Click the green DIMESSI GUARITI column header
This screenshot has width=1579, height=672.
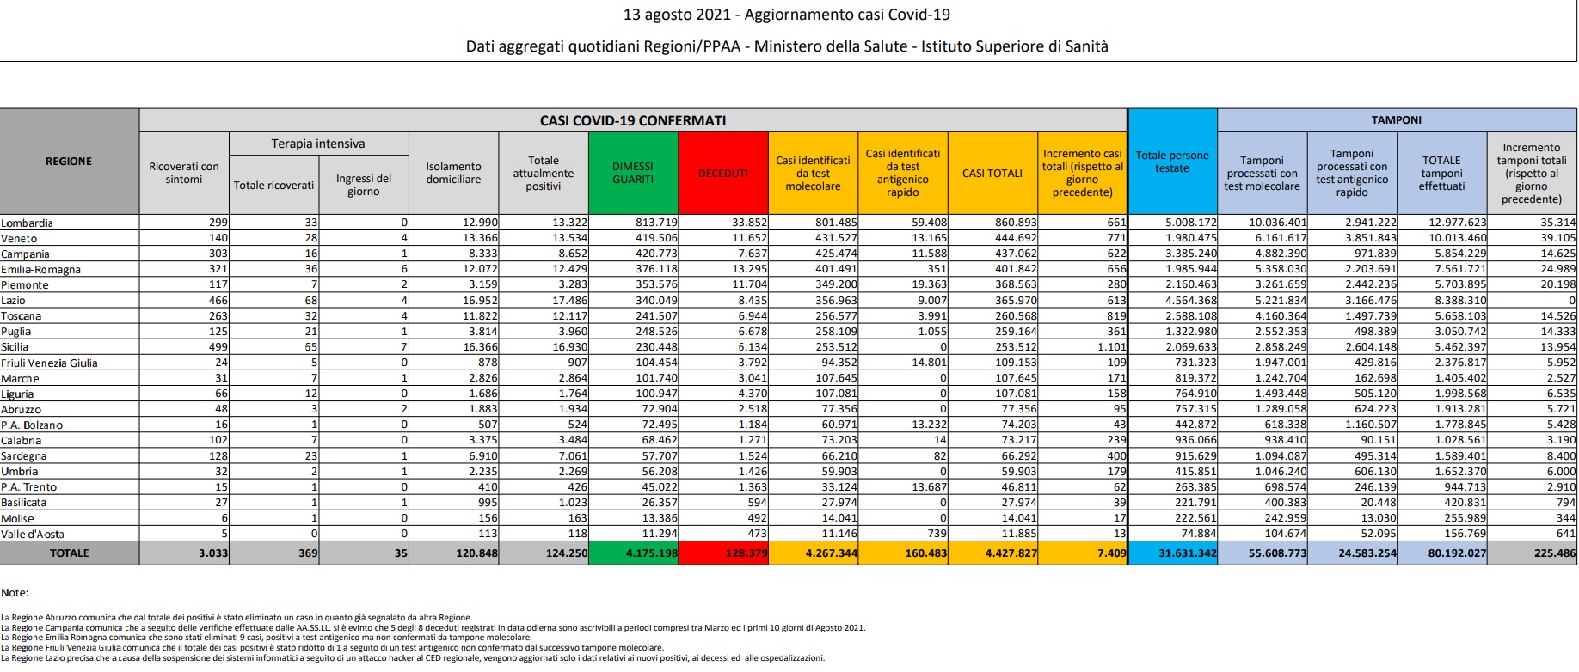pos(633,173)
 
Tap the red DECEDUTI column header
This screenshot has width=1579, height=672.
pos(722,173)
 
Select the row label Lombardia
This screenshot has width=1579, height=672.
pos(28,223)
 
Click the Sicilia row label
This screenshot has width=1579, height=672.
pos(15,347)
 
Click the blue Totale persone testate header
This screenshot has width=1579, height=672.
pos(1171,162)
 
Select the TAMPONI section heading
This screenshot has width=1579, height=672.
pos(1396,120)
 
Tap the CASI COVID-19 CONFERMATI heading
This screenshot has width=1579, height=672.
pos(632,121)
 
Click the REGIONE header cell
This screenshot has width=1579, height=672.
pos(69,162)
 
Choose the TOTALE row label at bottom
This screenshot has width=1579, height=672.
pos(69,553)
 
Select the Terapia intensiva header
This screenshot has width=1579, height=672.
pos(318,144)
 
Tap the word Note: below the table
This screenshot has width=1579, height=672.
pos(15,593)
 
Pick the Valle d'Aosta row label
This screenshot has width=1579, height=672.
pos(32,535)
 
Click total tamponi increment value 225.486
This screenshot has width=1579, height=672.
pos(1554,553)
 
